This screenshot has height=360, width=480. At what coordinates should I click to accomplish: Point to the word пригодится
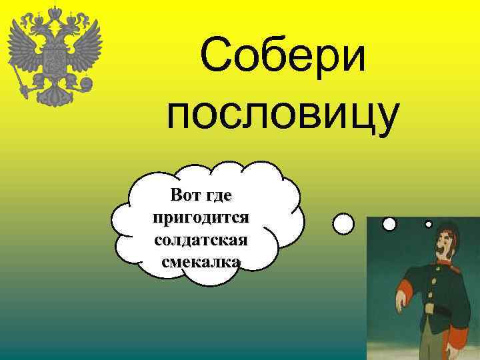click(201, 217)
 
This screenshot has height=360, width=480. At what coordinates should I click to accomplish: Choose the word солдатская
click(201, 239)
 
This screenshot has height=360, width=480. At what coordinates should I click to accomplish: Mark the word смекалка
click(201, 261)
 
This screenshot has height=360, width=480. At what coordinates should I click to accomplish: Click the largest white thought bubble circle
click(343, 223)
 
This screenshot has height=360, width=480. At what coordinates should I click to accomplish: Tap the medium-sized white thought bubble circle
click(389, 224)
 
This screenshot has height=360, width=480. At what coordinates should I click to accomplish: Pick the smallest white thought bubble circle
click(429, 224)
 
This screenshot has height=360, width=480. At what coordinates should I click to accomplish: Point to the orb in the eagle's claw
click(86, 85)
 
